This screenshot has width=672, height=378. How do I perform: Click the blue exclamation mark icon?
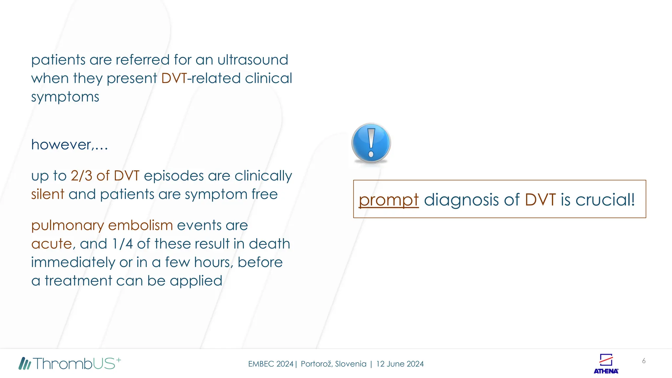371,143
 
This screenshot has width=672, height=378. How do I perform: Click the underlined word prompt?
388,200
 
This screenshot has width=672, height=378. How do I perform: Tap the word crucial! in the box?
605,199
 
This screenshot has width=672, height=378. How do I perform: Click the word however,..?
69,145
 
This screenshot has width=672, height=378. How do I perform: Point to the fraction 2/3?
81,176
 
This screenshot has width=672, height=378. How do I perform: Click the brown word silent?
48,194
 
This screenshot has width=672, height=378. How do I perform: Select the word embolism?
140,225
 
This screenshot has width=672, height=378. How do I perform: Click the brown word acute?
52,244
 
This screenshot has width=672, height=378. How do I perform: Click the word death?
269,244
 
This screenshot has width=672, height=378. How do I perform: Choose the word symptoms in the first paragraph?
65,97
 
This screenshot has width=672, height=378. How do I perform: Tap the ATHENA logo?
606,364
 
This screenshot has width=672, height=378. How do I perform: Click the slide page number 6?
644,361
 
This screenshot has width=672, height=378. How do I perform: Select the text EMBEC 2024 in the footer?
270,364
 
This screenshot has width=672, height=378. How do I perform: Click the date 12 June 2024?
400,364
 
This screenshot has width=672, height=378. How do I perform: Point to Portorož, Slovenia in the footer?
333,364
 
